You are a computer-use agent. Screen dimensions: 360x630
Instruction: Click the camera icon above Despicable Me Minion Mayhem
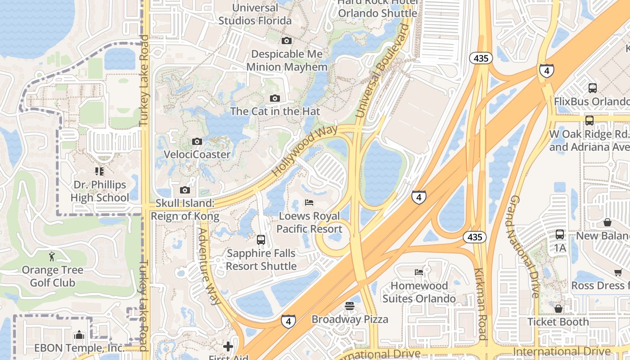pyautogui.click(x=287, y=41)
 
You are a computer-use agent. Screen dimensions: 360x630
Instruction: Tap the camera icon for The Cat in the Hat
pyautogui.click(x=275, y=99)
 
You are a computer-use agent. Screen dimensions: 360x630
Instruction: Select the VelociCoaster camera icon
pyautogui.click(x=197, y=142)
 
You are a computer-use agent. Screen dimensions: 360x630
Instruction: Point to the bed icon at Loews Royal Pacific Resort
pyautogui.click(x=309, y=202)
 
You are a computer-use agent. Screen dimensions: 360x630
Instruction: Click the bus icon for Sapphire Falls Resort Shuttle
pyautogui.click(x=261, y=240)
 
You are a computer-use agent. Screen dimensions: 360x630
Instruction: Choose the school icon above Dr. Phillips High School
pyautogui.click(x=99, y=171)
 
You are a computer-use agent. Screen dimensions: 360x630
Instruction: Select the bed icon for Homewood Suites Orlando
pyautogui.click(x=419, y=272)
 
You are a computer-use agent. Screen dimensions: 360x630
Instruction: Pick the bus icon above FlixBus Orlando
pyautogui.click(x=593, y=88)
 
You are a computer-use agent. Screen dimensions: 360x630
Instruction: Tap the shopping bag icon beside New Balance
pyautogui.click(x=607, y=222)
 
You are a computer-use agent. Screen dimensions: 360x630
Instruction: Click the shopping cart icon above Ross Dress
pyautogui.click(x=618, y=272)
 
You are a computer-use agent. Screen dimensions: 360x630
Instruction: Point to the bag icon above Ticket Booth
pyautogui.click(x=558, y=309)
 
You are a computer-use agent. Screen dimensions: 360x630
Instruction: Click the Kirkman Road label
pyautogui.click(x=480, y=304)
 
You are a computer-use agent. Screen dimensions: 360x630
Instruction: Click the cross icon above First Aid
pyautogui.click(x=228, y=346)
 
